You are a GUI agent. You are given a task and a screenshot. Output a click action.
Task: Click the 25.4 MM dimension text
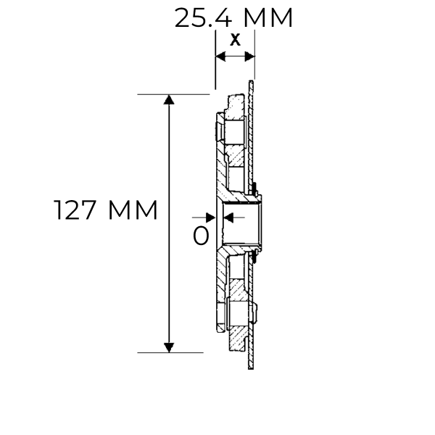(x=233, y=17)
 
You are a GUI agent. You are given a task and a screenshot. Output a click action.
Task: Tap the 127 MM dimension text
(x=106, y=211)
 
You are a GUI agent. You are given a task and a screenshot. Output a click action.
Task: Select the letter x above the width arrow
(x=235, y=41)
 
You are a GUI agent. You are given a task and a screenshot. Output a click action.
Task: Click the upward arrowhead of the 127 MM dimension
(x=169, y=100)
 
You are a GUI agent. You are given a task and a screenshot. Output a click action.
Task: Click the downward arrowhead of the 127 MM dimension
(x=169, y=347)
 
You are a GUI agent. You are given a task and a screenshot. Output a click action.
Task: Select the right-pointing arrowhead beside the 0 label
(x=210, y=217)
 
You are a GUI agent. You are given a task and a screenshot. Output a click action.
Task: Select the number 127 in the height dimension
(x=78, y=211)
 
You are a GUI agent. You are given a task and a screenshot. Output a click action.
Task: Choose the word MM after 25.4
(x=270, y=17)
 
